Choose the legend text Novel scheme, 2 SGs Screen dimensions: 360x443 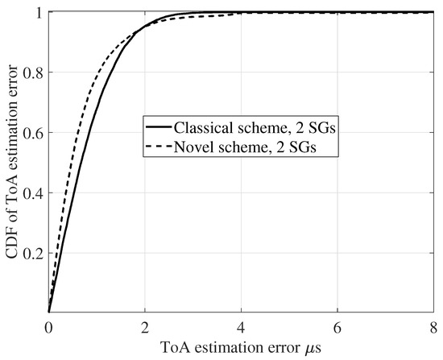(x=235, y=146)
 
